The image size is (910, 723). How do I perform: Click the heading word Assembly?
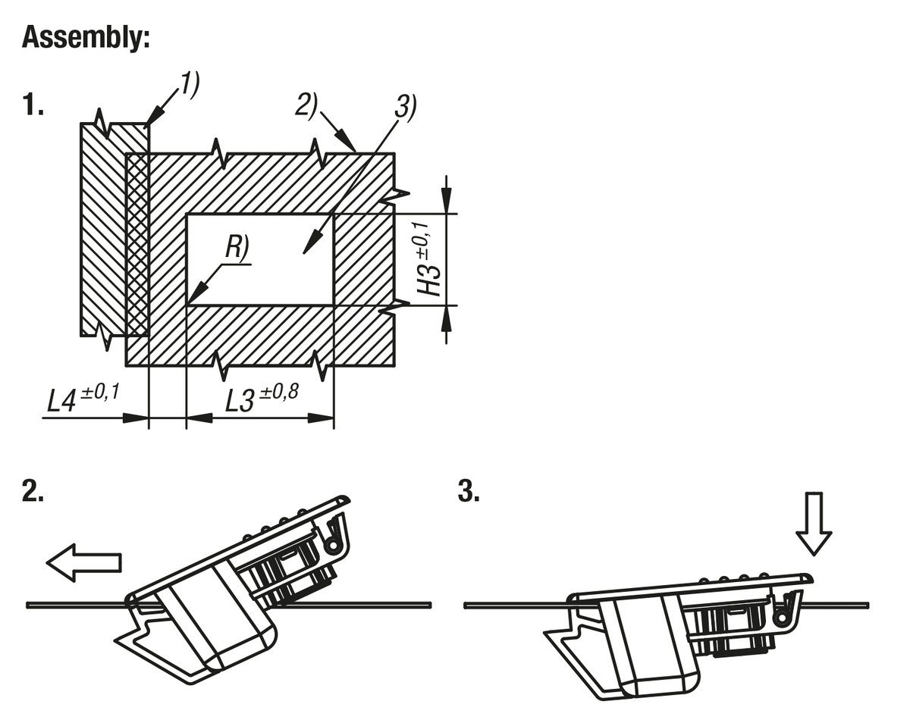86,36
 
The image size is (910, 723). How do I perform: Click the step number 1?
33,105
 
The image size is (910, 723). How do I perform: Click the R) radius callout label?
237,249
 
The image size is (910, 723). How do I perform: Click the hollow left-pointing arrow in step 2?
83,562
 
